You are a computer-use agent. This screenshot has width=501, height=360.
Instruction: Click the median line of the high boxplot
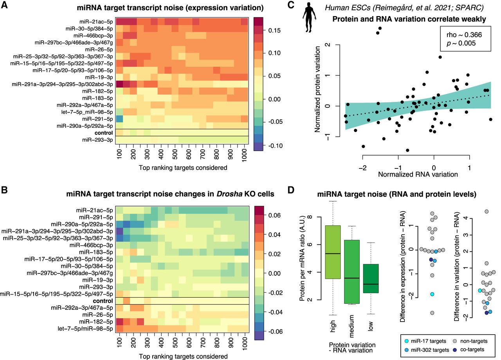click(x=333, y=253)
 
